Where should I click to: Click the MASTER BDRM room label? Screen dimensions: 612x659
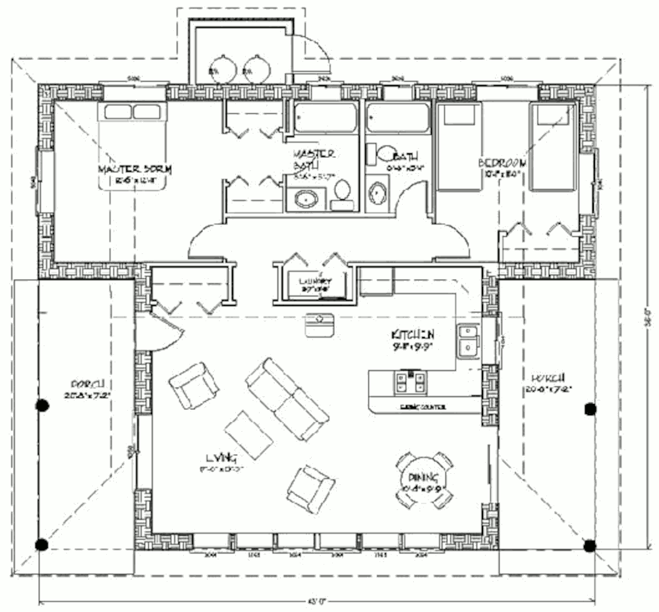(x=134, y=169)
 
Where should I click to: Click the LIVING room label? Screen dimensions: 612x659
(x=221, y=457)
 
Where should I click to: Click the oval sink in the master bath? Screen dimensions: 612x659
(x=304, y=199)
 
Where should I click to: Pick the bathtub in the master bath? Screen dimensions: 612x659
(x=323, y=119)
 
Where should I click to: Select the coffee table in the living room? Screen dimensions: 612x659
(x=248, y=434)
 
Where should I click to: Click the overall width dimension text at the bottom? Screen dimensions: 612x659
(x=318, y=600)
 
